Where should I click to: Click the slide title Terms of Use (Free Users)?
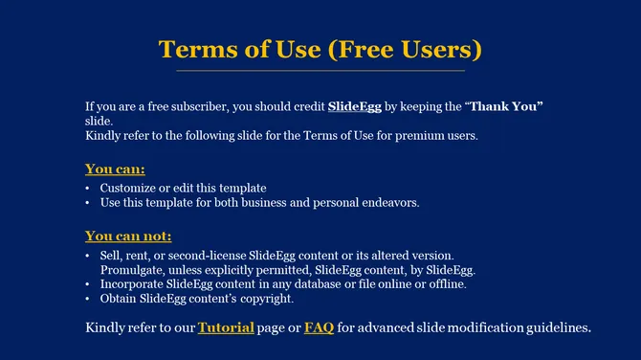pyautogui.click(x=320, y=49)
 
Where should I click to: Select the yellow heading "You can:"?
pyautogui.click(x=115, y=169)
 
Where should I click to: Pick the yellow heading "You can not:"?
pyautogui.click(x=128, y=236)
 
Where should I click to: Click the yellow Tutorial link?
pyautogui.click(x=226, y=328)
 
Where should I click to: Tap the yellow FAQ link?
pyautogui.click(x=319, y=328)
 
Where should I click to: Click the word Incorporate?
pyautogui.click(x=133, y=284)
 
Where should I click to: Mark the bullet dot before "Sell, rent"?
pyautogui.click(x=88, y=256)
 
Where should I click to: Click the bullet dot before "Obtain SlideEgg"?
pyautogui.click(x=88, y=299)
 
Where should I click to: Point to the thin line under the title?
pyautogui.click(x=320, y=71)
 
